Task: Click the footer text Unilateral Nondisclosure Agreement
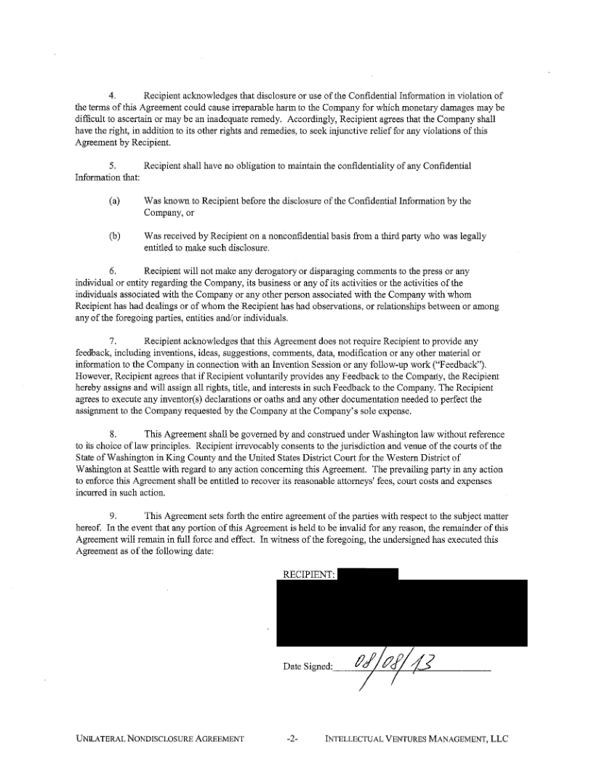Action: coord(158,740)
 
